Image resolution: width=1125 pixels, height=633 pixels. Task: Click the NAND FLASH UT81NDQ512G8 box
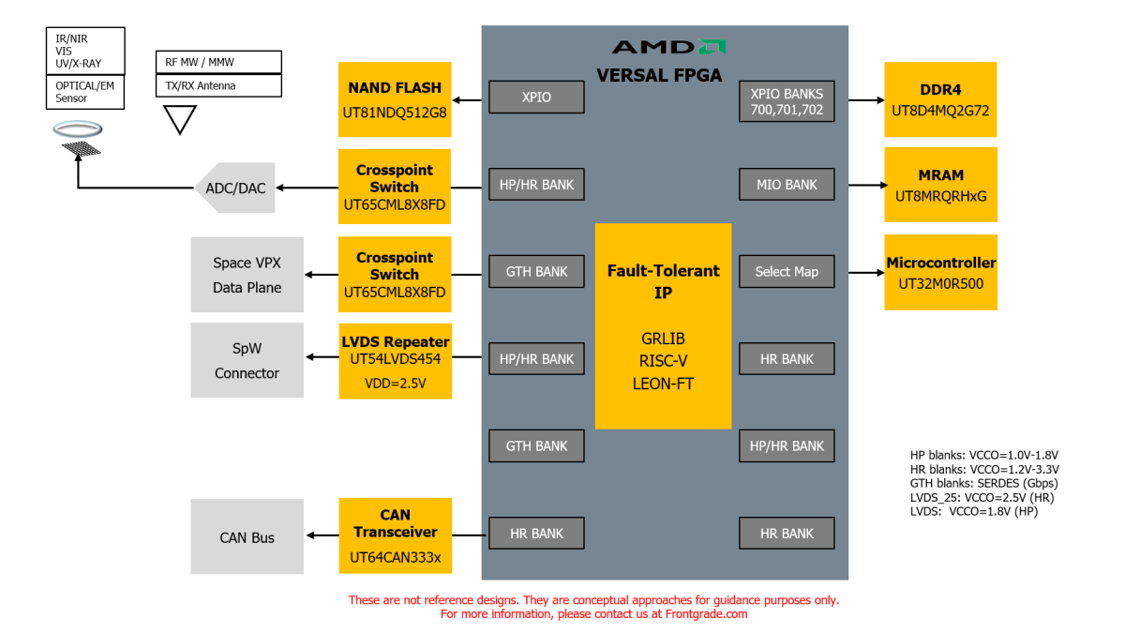(395, 99)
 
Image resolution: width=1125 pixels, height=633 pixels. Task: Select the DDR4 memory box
(940, 99)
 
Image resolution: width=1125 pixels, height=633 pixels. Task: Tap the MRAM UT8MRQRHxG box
(940, 185)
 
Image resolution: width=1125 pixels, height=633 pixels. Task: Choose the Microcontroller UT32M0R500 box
(940, 272)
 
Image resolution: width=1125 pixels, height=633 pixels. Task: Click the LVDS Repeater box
(395, 360)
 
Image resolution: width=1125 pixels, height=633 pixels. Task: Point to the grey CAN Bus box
(247, 536)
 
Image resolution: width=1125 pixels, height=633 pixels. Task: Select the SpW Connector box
(247, 360)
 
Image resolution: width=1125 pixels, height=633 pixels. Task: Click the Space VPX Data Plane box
(247, 274)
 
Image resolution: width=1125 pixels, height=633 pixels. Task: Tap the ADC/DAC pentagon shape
(232, 188)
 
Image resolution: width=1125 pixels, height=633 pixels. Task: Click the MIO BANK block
(787, 185)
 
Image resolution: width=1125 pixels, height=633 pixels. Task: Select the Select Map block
(787, 272)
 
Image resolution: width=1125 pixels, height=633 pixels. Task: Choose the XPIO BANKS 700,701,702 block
(787, 101)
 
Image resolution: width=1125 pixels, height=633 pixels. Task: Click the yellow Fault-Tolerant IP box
(663, 325)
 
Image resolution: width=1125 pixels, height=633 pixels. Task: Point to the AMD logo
(668, 47)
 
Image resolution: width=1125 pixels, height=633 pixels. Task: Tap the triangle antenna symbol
(180, 118)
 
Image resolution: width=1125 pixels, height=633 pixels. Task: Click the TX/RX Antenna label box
(217, 85)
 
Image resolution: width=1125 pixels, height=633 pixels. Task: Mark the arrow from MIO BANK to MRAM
(866, 185)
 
